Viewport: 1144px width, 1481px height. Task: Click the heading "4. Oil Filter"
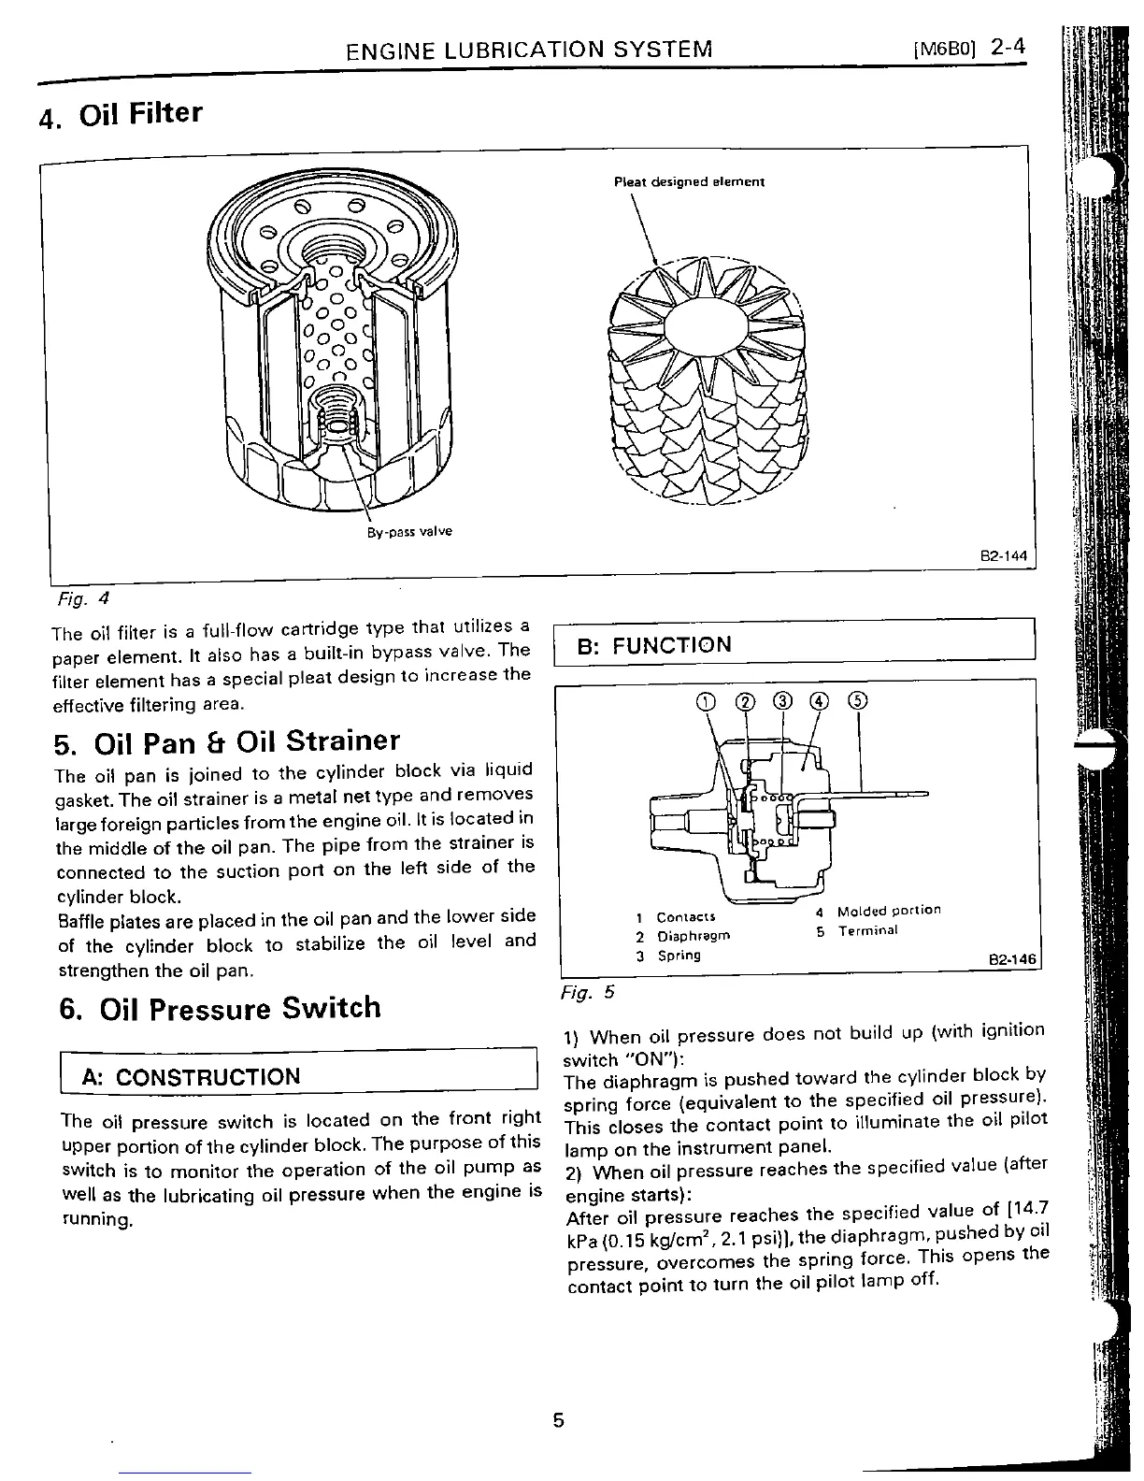[x=120, y=115]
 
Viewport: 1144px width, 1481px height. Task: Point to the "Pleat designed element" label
[x=689, y=181]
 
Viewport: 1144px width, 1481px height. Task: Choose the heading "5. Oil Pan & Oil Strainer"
[x=227, y=742]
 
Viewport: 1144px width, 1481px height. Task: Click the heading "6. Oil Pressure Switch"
[x=219, y=1008]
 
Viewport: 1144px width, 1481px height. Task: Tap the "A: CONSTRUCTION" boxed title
[x=192, y=1076]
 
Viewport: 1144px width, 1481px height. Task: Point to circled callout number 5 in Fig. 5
[x=858, y=701]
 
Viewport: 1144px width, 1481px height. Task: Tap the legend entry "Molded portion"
[x=888, y=911]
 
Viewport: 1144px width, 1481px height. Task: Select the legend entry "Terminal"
[x=867, y=931]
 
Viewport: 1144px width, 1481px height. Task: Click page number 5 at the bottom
[x=558, y=1420]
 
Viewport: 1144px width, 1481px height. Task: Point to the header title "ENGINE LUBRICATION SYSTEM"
[x=528, y=49]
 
